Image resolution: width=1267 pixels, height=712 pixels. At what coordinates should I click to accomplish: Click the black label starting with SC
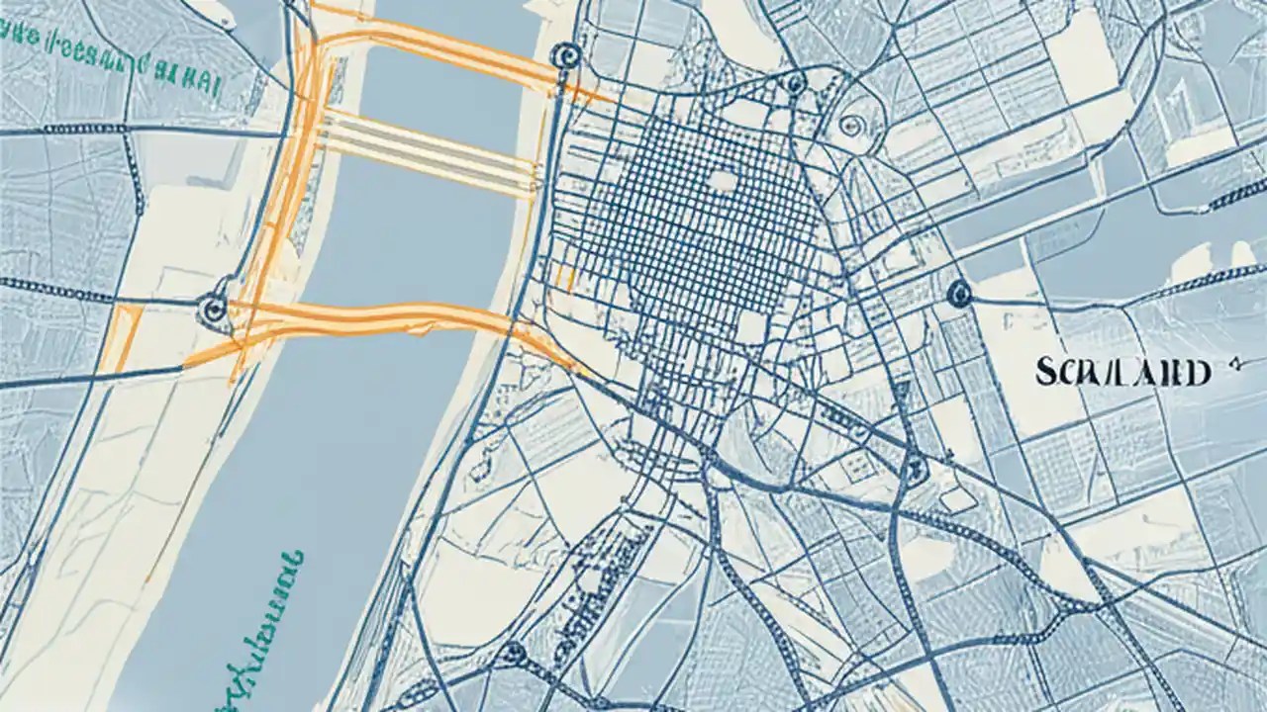click(1122, 373)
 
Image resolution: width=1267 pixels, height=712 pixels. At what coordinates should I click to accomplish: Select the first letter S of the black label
click(1043, 373)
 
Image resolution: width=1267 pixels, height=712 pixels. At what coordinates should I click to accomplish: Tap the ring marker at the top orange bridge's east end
click(567, 54)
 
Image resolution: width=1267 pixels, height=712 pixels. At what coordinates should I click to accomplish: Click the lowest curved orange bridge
click(396, 318)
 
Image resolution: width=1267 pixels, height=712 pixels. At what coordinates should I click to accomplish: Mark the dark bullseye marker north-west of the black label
click(958, 293)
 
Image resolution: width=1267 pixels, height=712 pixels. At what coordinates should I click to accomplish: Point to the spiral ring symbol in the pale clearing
click(849, 126)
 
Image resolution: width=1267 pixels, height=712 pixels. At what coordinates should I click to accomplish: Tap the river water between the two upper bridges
click(436, 94)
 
